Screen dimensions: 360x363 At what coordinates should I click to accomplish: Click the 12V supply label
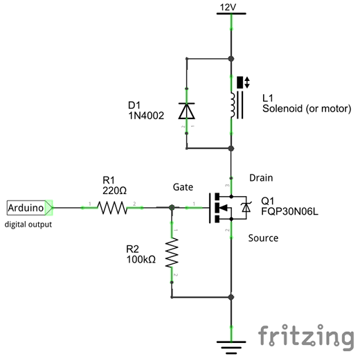228,8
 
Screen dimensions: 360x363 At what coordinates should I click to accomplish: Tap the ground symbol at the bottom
231,347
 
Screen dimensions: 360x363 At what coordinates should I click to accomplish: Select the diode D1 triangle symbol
186,111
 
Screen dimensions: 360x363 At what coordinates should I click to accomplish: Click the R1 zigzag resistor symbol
112,208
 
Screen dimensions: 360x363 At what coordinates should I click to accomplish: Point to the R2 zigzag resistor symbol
172,252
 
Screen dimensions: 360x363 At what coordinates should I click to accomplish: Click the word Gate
183,187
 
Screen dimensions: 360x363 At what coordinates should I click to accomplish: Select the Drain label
261,178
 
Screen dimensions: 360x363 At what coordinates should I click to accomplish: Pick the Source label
263,238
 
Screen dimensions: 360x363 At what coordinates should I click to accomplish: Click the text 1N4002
146,116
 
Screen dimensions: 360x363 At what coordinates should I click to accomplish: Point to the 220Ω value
114,191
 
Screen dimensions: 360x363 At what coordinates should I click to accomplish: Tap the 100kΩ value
141,260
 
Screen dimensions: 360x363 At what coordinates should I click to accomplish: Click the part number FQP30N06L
289,211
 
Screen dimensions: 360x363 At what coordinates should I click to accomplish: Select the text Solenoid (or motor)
307,109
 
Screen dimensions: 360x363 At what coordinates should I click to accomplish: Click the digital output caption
28,224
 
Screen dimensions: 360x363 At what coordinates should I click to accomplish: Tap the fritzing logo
306,337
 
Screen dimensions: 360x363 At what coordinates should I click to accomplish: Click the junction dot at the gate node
172,208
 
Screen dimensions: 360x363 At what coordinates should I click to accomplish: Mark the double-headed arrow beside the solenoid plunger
247,82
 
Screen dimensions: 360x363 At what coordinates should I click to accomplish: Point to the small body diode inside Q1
246,207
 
